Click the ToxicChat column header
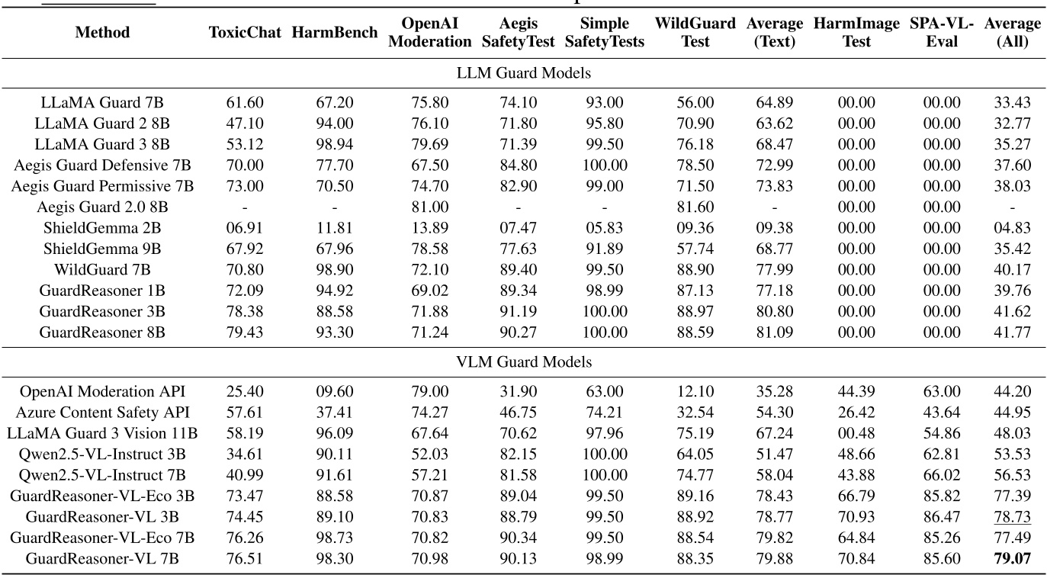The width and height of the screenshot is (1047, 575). pos(245,33)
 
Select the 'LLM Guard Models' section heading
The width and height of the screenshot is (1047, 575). pos(523,73)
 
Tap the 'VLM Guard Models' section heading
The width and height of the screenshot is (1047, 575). pos(523,361)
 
